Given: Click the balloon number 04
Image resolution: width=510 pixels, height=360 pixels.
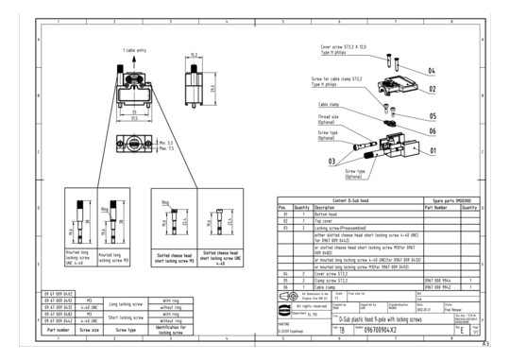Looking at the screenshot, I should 430,71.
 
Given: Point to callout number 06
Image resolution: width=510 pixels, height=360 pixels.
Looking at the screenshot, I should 432,130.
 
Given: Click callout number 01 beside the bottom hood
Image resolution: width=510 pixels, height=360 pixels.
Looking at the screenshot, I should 433,149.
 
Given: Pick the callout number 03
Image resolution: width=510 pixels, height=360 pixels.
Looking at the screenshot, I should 332,163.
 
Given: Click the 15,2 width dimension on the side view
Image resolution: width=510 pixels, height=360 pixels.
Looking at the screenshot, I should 193,56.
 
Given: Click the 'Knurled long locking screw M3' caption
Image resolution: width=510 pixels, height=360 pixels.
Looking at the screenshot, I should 110,255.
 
